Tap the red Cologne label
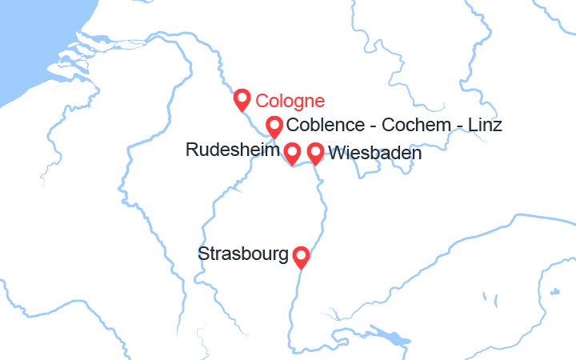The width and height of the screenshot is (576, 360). click(x=290, y=102)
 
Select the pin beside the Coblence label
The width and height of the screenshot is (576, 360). click(x=274, y=126)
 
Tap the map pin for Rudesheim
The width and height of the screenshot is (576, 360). click(x=293, y=152)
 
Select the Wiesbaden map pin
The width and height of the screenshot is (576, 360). click(x=315, y=152)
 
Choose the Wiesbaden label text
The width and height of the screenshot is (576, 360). click(x=374, y=152)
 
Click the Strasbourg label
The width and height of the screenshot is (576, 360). click(x=243, y=254)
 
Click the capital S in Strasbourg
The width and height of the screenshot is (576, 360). click(x=202, y=254)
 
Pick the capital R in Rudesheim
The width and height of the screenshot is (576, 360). click(x=190, y=150)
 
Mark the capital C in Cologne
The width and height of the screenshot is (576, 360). click(x=262, y=102)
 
